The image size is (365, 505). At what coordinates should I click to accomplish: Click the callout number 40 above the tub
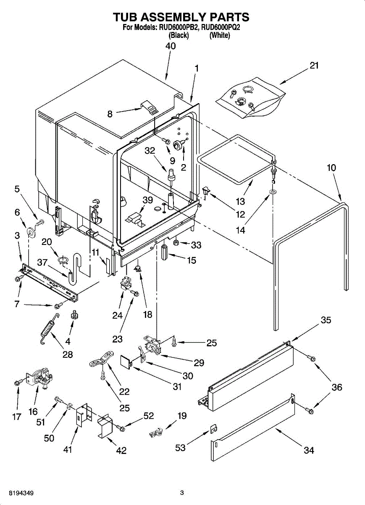click(x=171, y=46)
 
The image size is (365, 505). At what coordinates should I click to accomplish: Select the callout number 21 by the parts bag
click(x=314, y=66)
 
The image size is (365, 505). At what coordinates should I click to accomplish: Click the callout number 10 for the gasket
click(x=332, y=168)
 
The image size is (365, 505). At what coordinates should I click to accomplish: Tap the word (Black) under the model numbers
click(x=179, y=35)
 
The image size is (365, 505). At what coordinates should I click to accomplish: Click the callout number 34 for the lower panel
click(x=309, y=450)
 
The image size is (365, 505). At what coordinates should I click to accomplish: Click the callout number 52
click(x=149, y=415)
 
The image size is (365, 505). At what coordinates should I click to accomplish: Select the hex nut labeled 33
click(x=176, y=243)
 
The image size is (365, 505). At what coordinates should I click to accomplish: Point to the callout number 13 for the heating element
click(x=241, y=201)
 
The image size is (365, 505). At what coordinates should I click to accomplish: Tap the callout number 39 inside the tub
click(x=147, y=200)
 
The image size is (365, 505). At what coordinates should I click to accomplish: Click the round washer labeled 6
click(x=30, y=231)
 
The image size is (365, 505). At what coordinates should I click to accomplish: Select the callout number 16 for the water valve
click(x=33, y=412)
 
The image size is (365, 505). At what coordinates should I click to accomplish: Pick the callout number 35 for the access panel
click(x=326, y=320)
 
